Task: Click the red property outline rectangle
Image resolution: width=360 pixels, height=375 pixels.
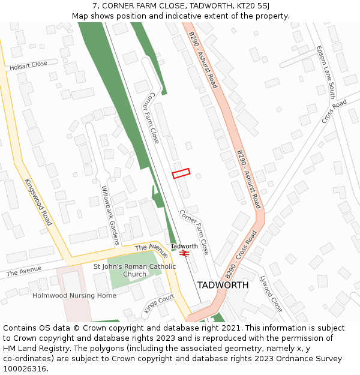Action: click(181, 173)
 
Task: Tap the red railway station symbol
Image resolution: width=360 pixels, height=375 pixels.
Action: click(184, 254)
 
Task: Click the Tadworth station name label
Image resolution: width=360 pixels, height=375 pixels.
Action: click(184, 246)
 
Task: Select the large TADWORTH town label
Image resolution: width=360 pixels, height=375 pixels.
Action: click(223, 285)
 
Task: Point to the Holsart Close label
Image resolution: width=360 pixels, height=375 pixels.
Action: click(28, 66)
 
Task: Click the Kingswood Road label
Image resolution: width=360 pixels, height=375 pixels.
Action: click(38, 202)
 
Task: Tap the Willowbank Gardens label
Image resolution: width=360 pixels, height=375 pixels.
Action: click(110, 215)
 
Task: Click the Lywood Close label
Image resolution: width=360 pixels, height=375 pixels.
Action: click(271, 293)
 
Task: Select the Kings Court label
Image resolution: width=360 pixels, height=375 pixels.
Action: click(158, 303)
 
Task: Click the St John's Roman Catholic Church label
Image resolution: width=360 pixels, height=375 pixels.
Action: click(134, 270)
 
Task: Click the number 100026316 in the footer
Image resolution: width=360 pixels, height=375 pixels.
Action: click(26, 368)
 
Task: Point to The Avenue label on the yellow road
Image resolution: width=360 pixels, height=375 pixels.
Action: click(151, 251)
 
